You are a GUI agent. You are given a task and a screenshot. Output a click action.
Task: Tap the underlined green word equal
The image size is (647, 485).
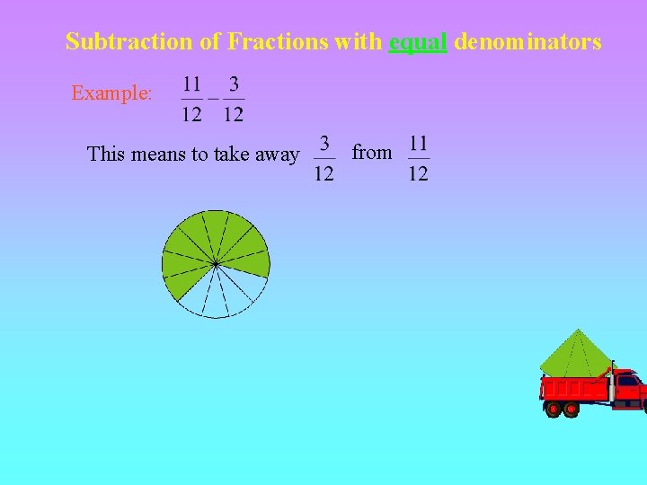coord(418,42)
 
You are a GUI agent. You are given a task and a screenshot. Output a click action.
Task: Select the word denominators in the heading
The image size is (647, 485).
coord(527,41)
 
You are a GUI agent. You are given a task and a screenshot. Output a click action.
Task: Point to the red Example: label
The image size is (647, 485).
coord(112,93)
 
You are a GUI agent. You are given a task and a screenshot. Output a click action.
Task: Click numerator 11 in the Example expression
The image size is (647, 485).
coord(191,85)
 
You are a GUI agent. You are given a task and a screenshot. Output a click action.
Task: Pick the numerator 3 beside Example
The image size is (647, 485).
coord(234,85)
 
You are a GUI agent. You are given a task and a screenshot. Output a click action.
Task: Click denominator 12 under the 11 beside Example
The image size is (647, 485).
coord(191,113)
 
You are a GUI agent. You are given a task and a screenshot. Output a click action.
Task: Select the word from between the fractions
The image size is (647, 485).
coord(372,153)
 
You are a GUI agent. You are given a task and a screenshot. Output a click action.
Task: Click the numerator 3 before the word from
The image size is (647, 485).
coord(324,144)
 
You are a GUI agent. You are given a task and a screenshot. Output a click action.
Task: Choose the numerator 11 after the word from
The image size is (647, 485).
coord(418,144)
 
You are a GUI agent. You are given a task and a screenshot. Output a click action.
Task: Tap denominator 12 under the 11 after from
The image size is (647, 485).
coord(418,172)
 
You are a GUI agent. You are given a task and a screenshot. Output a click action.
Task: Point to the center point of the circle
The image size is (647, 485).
coord(216,263)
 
